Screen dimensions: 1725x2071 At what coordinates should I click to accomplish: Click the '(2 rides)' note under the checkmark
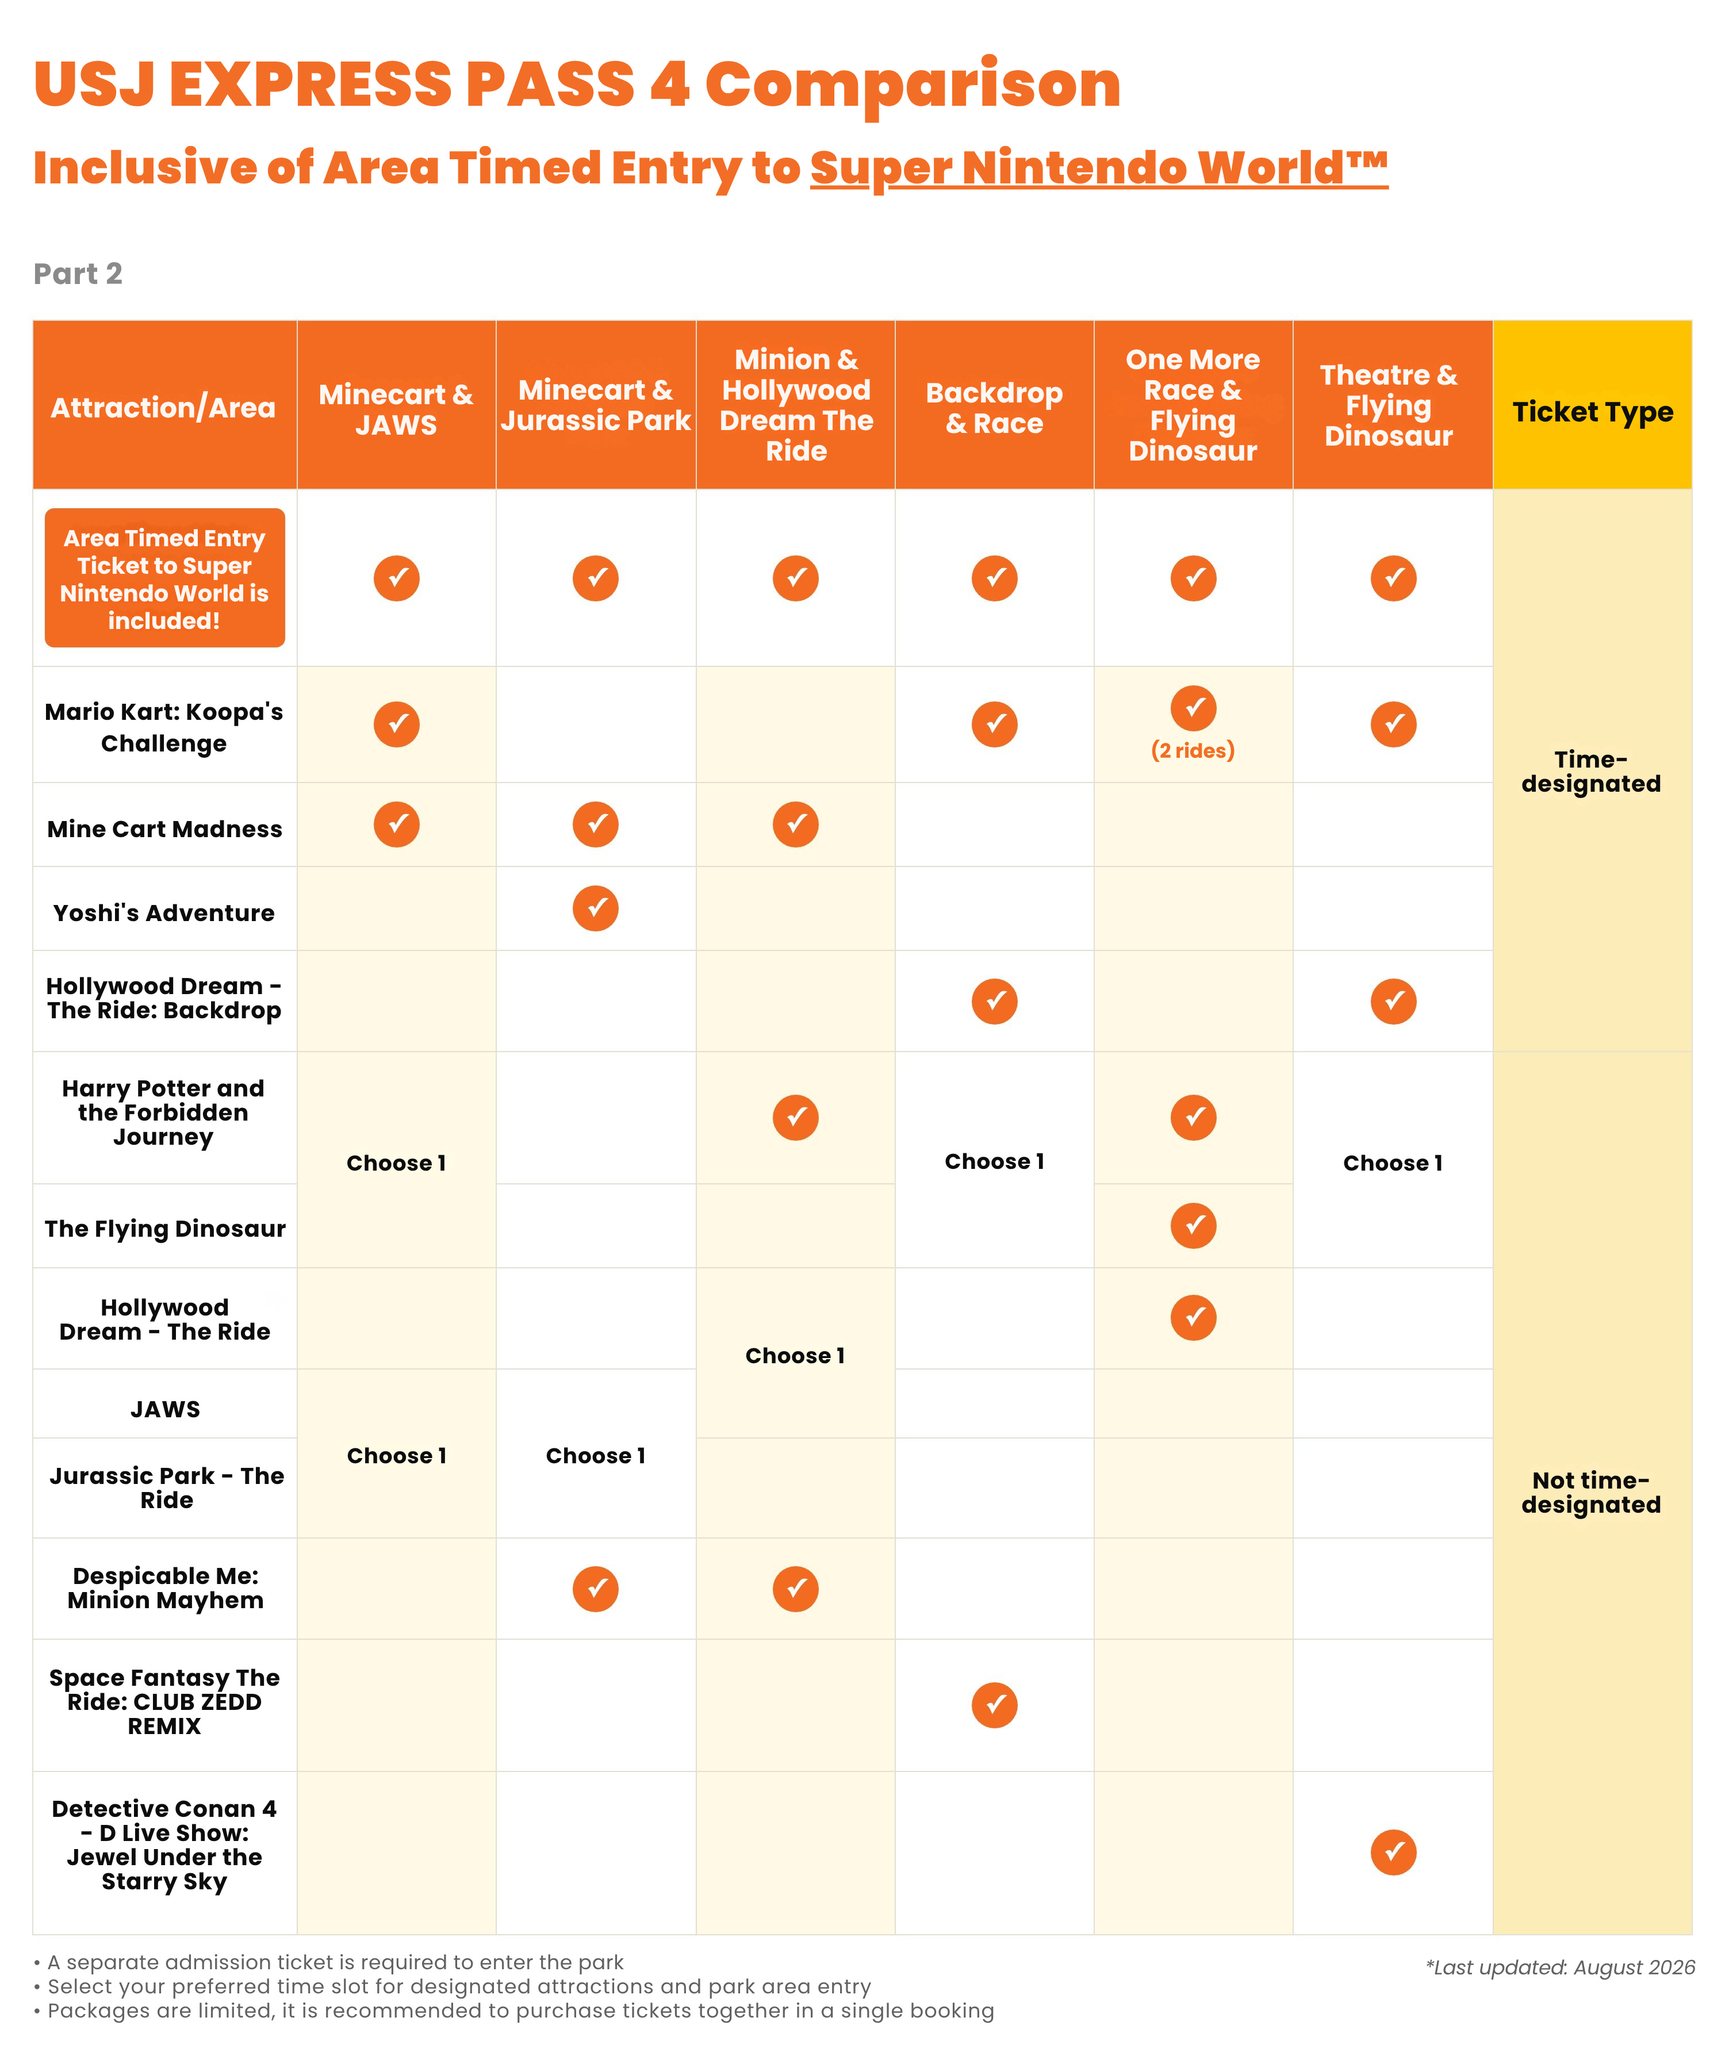1193,750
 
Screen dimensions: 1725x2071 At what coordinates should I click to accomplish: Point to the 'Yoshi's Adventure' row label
164,912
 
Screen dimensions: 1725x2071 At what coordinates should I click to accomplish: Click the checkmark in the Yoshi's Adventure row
596,908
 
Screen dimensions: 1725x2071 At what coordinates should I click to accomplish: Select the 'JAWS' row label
164,1409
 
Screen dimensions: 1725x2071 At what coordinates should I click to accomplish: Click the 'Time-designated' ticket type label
1591,771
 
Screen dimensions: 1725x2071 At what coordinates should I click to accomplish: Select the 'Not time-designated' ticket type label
1591,1492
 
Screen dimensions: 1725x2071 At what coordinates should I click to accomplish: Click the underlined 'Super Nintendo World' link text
1099,168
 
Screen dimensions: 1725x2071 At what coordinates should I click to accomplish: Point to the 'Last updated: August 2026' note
1559,1968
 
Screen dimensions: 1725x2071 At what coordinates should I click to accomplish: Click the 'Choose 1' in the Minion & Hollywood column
795,1355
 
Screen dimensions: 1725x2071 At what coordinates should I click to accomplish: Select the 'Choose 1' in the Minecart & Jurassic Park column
596,1456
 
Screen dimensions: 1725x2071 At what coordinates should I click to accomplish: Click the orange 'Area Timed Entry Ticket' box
164,578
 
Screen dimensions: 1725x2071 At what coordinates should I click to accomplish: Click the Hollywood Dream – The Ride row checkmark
1193,1318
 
